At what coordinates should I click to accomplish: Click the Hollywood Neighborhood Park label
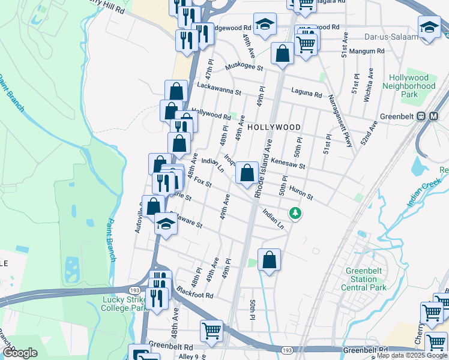click(409, 86)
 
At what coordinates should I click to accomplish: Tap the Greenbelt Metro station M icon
click(435, 116)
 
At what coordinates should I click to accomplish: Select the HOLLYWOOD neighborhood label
click(274, 127)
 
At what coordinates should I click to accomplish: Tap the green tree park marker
click(295, 213)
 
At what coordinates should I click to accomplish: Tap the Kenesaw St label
click(289, 163)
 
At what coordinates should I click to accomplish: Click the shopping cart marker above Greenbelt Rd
click(212, 331)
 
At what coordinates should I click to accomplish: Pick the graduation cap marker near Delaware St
click(166, 224)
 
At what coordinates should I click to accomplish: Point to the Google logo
click(20, 352)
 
